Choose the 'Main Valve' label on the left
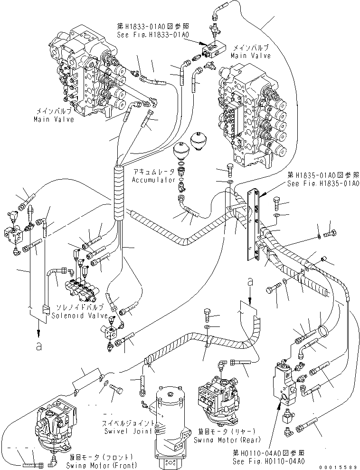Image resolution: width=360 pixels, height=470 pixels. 54,119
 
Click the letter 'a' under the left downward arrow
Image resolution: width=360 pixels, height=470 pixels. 38,346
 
